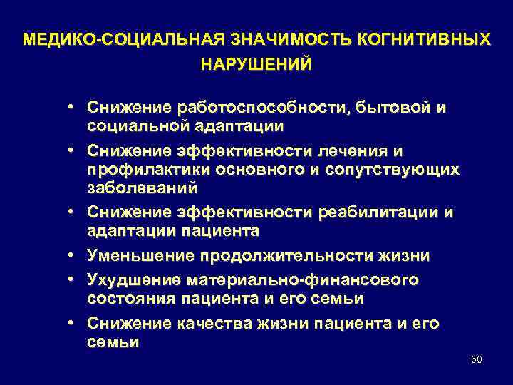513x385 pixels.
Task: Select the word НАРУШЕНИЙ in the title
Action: [256, 64]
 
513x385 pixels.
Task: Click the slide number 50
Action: [477, 359]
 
